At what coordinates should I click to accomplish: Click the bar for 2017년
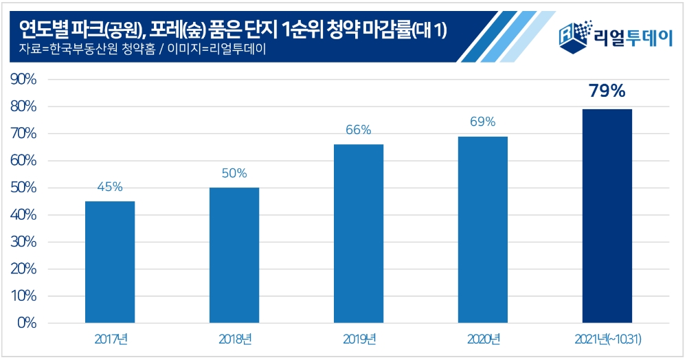(x=110, y=262)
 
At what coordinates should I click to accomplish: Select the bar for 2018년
(x=234, y=255)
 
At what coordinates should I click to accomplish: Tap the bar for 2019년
(x=359, y=233)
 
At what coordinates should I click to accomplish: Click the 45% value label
(x=110, y=187)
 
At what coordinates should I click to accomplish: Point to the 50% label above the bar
(x=234, y=173)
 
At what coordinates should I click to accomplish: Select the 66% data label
(x=359, y=130)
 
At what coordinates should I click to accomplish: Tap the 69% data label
(x=483, y=122)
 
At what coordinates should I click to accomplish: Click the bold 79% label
(x=607, y=91)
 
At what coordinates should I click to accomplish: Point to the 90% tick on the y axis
(x=23, y=80)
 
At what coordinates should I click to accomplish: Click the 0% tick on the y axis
(x=27, y=323)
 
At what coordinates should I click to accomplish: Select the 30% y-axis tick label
(x=23, y=242)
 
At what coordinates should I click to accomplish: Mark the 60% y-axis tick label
(x=23, y=161)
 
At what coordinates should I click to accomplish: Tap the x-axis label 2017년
(x=110, y=339)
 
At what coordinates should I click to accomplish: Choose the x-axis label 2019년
(x=359, y=339)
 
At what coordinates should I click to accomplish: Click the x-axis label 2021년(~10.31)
(x=607, y=339)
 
